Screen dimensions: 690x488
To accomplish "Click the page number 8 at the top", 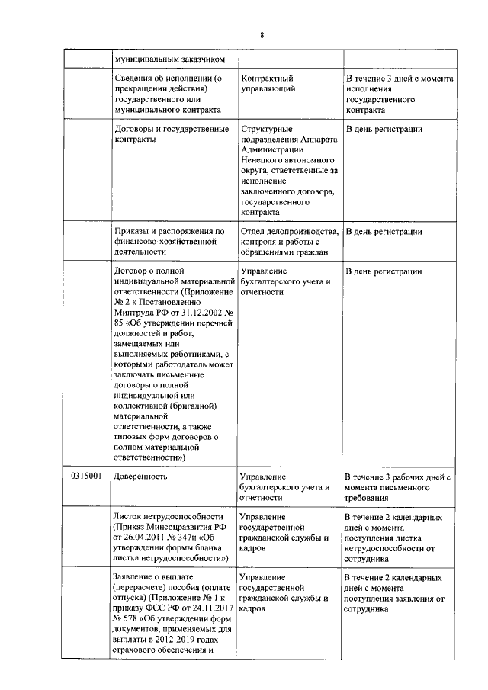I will click(262, 36).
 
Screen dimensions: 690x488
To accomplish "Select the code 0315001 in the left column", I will click(86, 477).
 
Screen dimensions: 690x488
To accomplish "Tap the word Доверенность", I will click(140, 477).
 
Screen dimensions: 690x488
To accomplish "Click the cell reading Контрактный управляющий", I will click(267, 84).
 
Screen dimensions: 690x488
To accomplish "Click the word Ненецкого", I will click(262, 161).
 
